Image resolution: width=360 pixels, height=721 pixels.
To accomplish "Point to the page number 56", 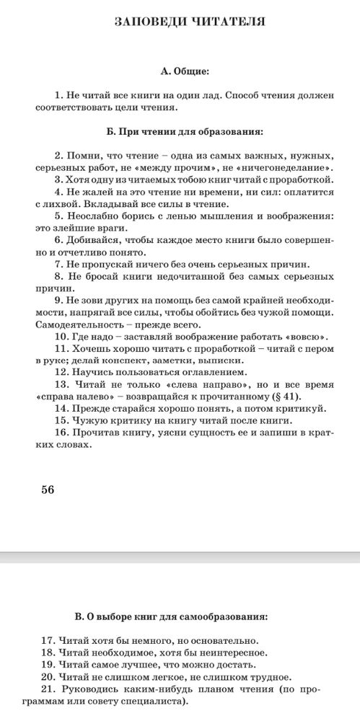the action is point(48,490).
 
